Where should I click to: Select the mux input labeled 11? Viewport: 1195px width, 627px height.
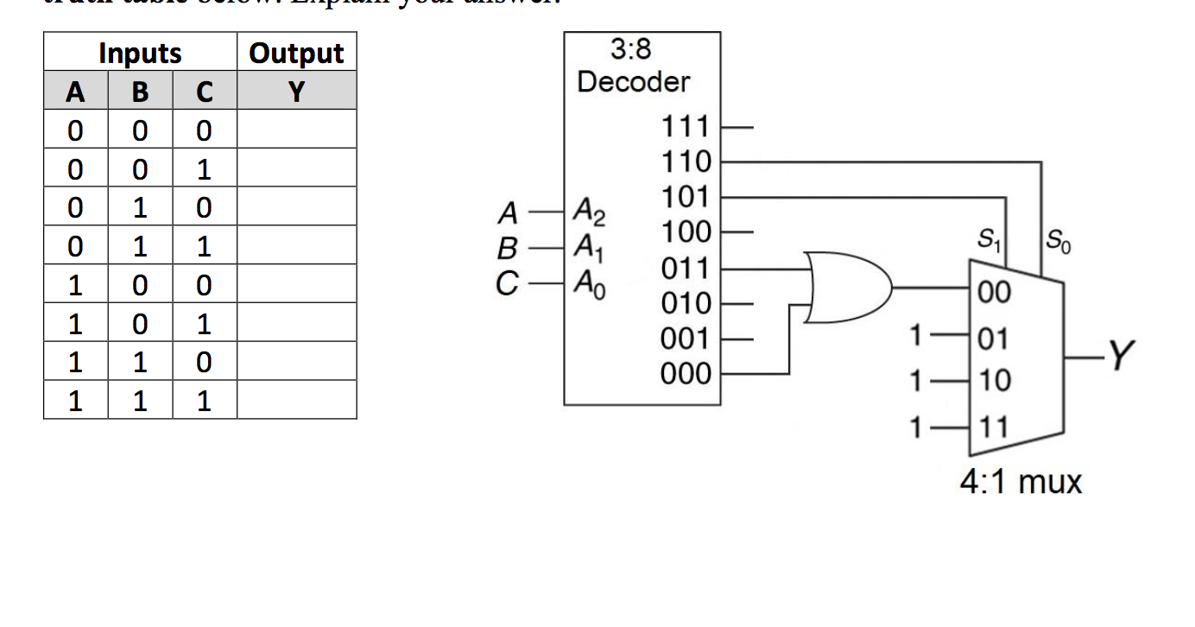point(995,427)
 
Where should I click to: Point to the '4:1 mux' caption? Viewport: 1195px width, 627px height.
point(1021,481)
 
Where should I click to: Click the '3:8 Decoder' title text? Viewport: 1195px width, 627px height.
point(633,66)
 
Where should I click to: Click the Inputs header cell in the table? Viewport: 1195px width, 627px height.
point(140,53)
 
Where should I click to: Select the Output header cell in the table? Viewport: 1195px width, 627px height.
point(296,53)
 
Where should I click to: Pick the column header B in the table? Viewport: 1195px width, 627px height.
point(140,91)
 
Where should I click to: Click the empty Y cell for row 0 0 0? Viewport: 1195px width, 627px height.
point(296,130)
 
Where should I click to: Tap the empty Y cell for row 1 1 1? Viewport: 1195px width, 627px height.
point(296,401)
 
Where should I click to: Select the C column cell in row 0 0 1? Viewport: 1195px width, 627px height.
point(204,168)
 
